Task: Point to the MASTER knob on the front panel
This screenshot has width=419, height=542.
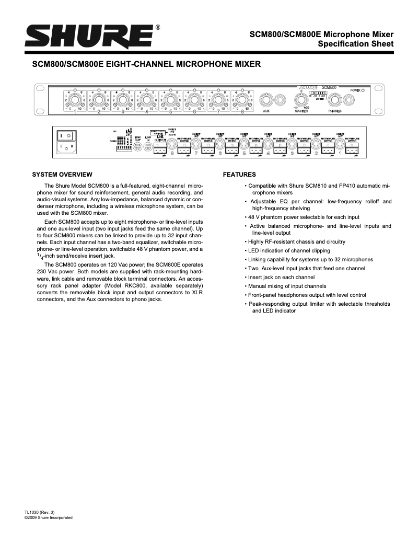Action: [x=301, y=99]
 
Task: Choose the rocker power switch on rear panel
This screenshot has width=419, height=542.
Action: [x=66, y=135]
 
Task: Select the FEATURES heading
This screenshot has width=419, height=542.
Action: [x=239, y=174]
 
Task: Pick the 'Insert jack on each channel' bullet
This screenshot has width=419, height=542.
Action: [x=281, y=277]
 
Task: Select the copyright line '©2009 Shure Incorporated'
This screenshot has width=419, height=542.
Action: [x=49, y=517]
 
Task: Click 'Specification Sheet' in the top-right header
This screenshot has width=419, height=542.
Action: [x=359, y=44]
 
